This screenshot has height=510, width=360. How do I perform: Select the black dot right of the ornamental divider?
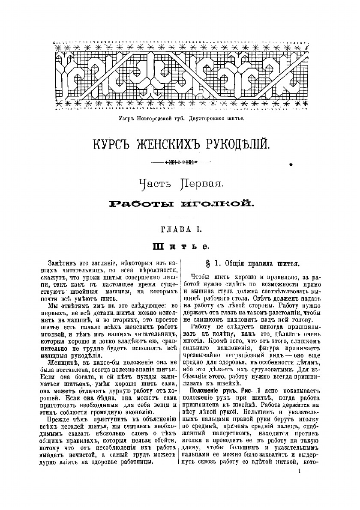(291, 164)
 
